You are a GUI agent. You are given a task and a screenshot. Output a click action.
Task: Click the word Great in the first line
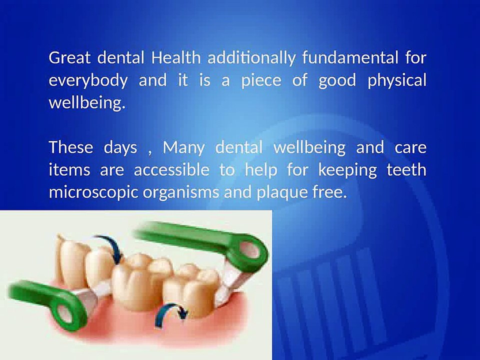(70, 57)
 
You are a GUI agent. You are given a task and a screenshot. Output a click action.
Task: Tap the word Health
(176, 57)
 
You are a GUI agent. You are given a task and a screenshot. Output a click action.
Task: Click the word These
(70, 147)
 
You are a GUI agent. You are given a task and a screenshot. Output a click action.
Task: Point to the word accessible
(171, 169)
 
